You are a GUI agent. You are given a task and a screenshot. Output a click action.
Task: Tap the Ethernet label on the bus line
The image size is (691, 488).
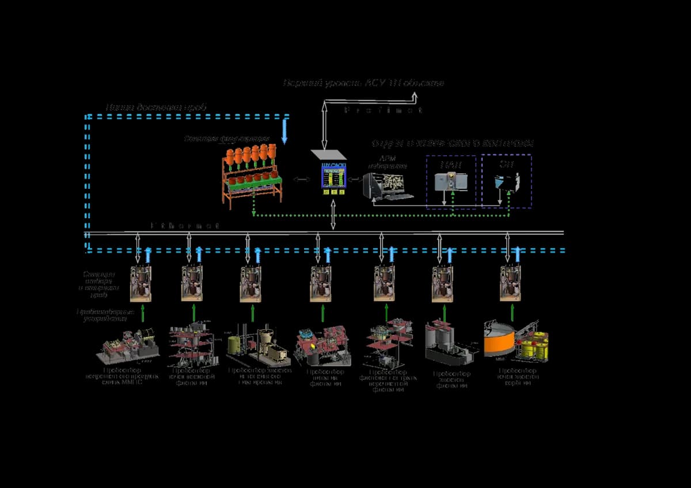(x=185, y=226)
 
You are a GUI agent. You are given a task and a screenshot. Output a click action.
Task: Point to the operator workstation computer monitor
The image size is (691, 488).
(x=385, y=185)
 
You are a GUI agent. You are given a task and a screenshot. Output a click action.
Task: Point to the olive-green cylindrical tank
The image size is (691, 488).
(x=236, y=345)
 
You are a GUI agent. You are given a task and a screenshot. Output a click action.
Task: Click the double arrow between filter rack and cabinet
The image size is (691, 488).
(x=301, y=180)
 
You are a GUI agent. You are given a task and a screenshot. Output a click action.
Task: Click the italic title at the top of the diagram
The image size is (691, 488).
(x=363, y=83)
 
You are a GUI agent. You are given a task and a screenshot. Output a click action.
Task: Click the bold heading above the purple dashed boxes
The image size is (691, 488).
(x=453, y=143)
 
